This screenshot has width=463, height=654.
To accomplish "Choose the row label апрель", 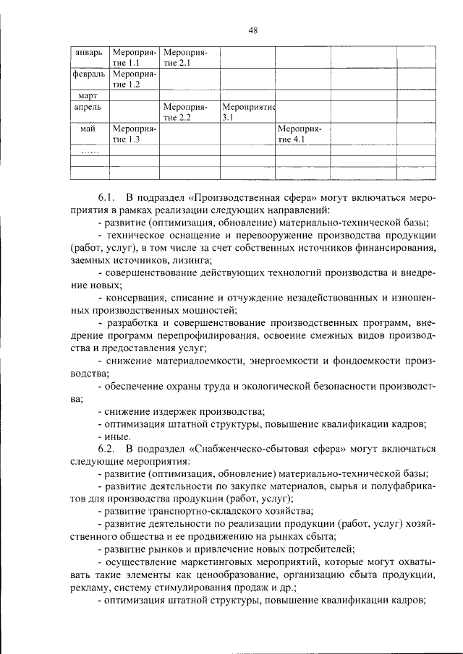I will point(88,106).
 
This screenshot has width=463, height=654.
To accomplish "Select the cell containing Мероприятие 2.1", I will point(186,58).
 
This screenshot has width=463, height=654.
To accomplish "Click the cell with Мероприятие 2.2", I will point(186,111).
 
